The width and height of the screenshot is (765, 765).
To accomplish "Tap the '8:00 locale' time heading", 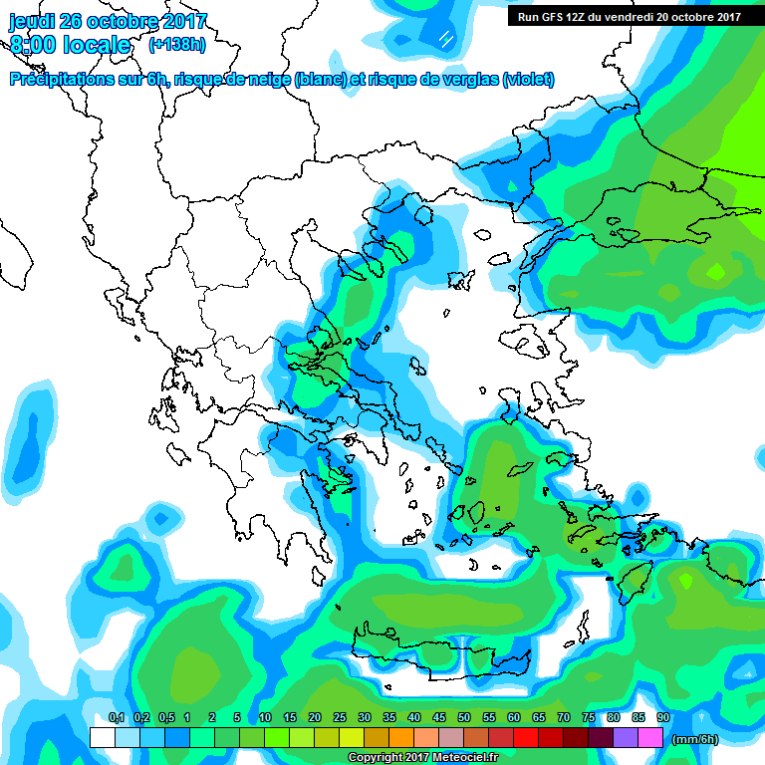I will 69,45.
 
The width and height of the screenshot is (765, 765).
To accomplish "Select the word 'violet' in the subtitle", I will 527,80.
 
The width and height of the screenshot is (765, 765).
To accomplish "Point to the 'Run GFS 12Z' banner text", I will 552,16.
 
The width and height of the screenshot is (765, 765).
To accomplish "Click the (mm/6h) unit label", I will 695,739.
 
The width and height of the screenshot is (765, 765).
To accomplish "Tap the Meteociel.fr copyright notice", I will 422,758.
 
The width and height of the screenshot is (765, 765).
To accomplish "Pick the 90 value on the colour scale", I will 662,717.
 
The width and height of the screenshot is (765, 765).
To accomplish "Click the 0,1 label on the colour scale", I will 116,717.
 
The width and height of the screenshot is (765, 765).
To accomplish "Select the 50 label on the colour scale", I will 464,717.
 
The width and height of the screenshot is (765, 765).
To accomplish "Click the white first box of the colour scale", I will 103,738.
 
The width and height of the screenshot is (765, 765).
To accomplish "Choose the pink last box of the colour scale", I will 650,738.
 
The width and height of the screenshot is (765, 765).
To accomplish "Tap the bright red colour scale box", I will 526,738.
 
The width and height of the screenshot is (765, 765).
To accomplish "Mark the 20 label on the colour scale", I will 315,717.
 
